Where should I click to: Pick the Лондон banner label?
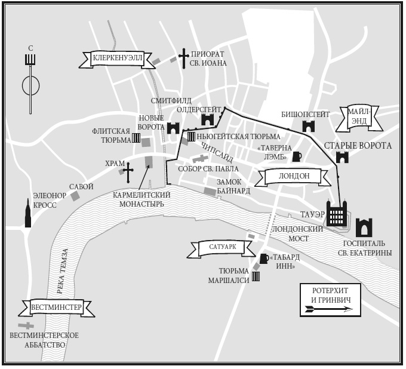pyautogui.click(x=294, y=176)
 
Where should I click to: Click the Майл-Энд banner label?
pyautogui.click(x=359, y=116)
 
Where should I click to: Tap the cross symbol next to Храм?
pyautogui.click(x=127, y=172)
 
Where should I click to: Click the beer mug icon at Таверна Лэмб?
pyautogui.click(x=297, y=156)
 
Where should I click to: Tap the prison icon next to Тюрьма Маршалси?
pyautogui.click(x=256, y=276)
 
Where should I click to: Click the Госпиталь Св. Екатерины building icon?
pyautogui.click(x=364, y=227)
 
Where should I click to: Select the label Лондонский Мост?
pyautogui.click(x=291, y=233)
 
